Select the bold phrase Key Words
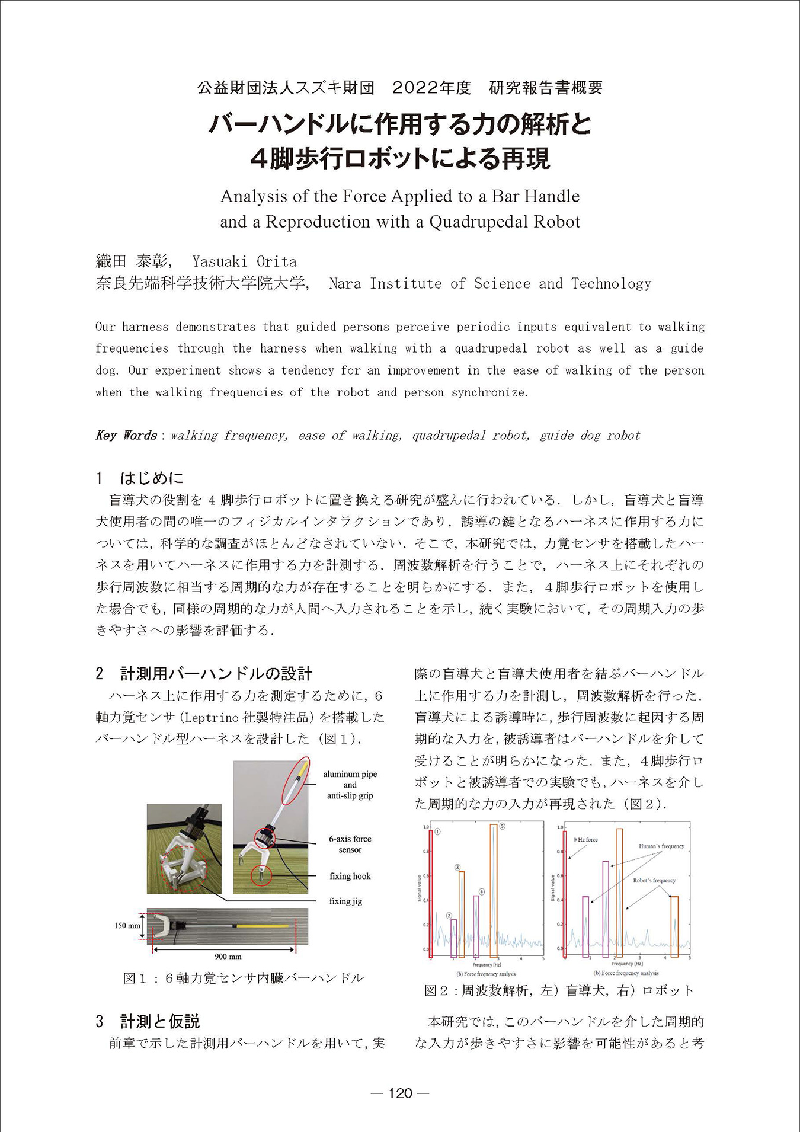(126, 436)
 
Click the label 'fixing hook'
(350, 876)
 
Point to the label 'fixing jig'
(345, 901)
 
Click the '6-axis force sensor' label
(350, 844)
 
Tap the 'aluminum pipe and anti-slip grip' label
(350, 785)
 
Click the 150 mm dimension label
(127, 925)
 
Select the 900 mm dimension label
(228, 957)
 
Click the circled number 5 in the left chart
(502, 826)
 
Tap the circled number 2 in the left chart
(449, 916)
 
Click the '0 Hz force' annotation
(585, 840)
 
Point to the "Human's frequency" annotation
(661, 846)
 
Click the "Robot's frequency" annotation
(654, 881)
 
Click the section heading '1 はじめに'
(140, 478)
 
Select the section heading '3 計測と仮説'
(148, 1021)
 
